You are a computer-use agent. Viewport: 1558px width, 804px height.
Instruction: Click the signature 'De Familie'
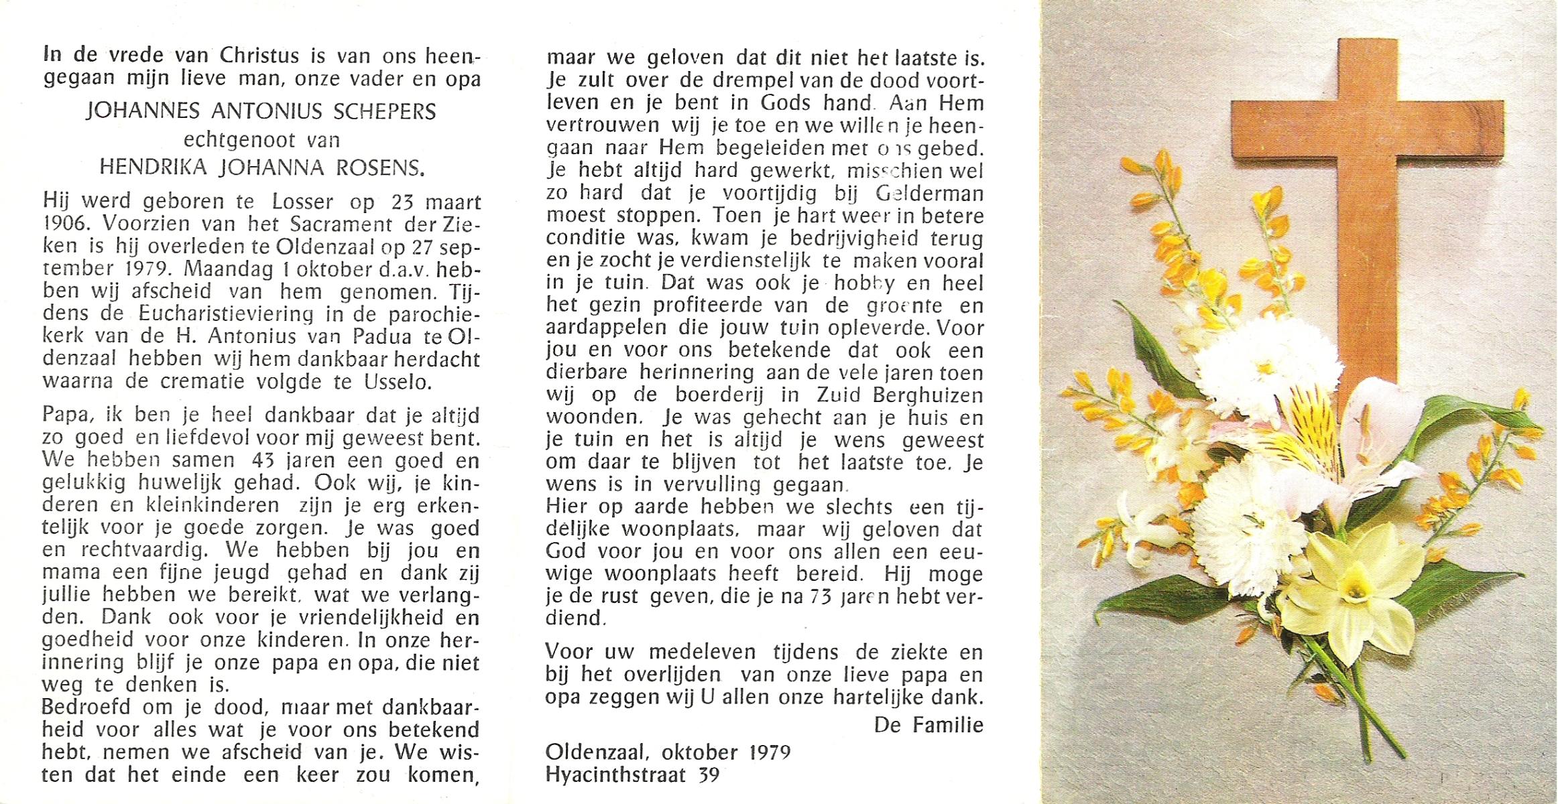928,725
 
